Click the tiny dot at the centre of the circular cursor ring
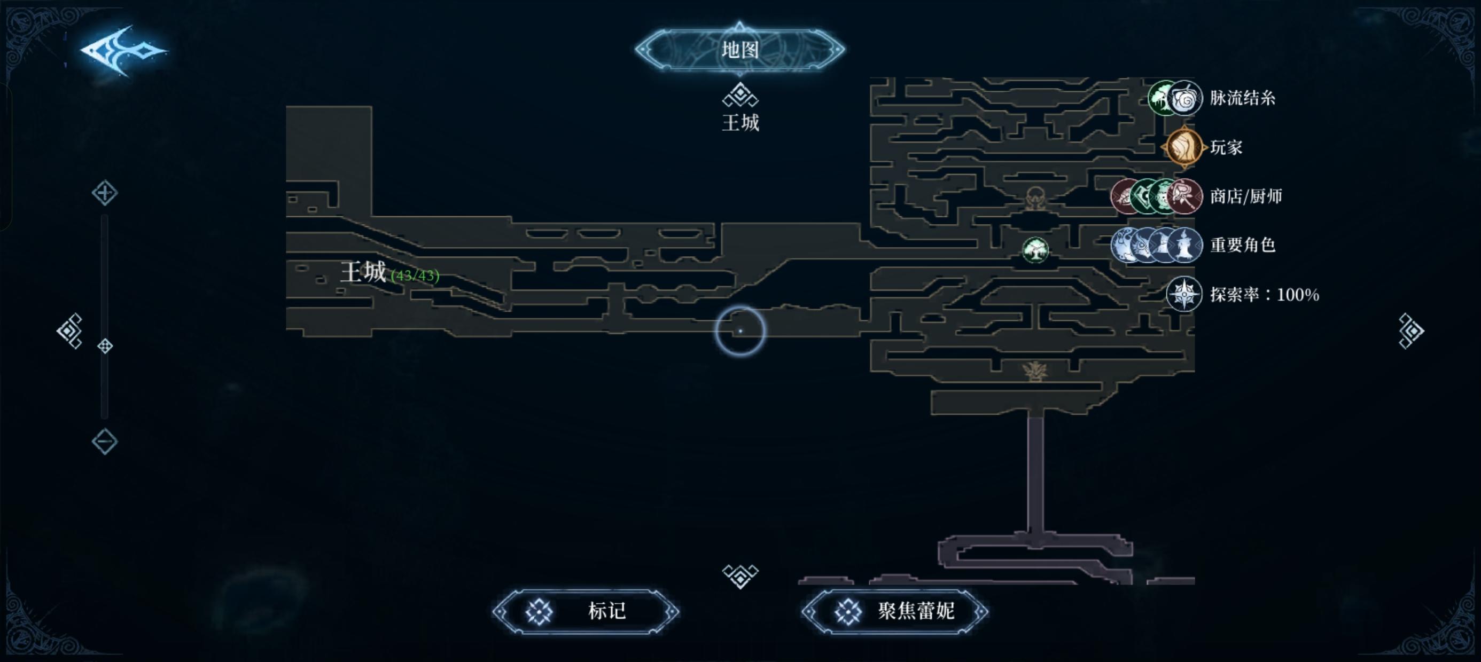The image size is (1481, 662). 740,331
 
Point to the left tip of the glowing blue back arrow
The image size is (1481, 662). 81,51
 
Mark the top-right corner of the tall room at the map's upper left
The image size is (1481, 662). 371,106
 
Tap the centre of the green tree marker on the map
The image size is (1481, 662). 1035,250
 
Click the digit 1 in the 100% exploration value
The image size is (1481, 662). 1280,295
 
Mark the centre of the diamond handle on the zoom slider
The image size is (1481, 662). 105,346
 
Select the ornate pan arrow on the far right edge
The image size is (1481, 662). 1410,330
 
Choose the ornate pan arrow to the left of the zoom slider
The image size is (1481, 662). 70,331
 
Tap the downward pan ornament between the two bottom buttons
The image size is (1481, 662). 740,576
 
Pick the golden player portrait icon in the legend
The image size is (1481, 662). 1184,147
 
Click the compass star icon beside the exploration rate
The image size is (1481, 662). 1184,294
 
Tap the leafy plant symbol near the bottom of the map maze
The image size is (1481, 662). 1034,371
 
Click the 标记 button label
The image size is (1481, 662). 606,611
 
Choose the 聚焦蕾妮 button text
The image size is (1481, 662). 916,611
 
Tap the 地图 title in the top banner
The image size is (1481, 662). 740,50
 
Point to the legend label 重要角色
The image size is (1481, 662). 1243,246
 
